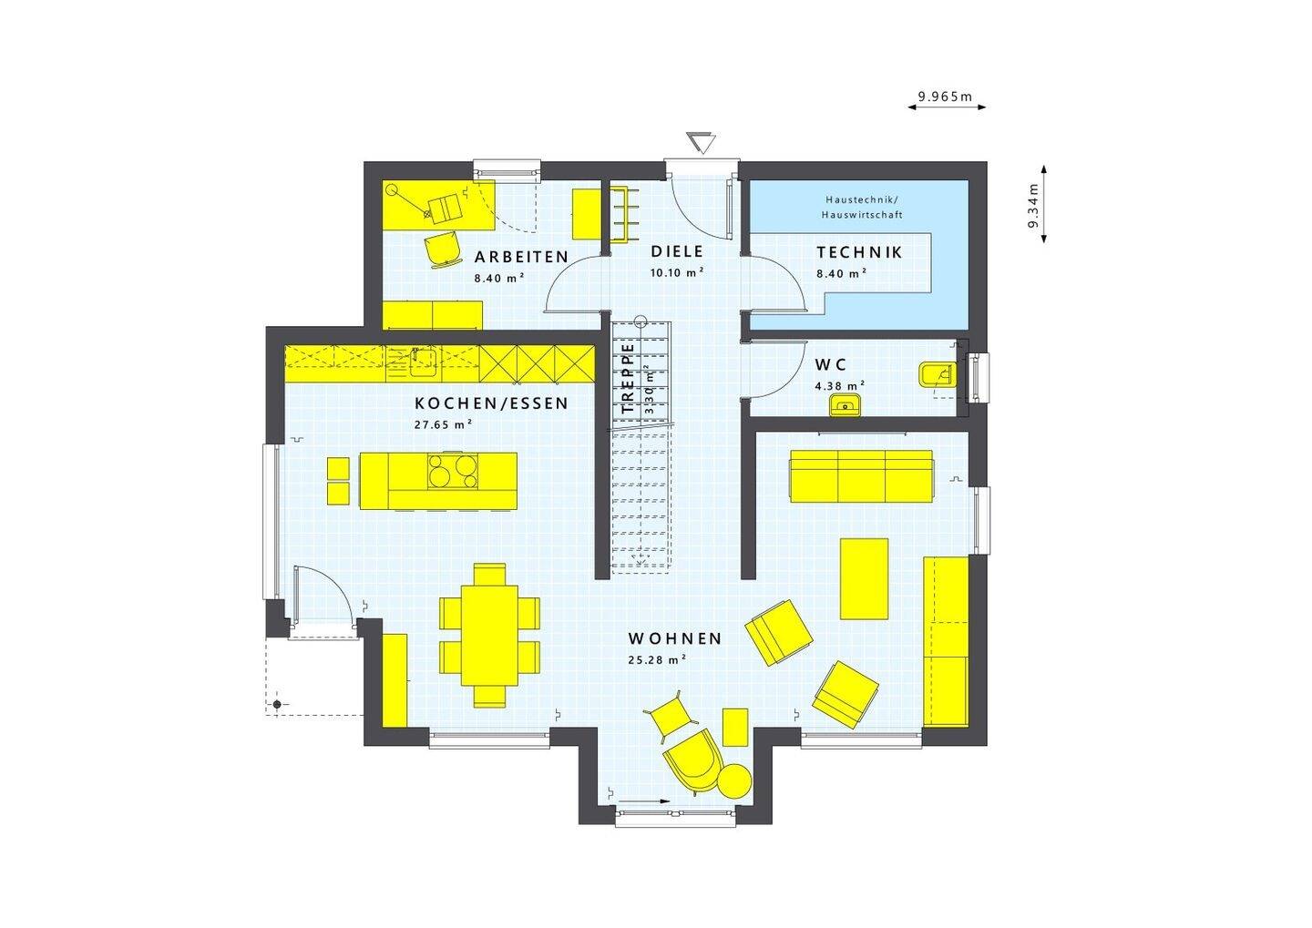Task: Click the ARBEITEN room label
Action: tap(520, 257)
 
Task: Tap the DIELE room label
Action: tap(676, 251)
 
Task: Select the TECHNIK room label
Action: tap(858, 252)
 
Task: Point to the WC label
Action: tap(830, 364)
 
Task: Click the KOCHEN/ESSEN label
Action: tap(491, 403)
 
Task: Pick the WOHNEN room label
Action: tap(674, 638)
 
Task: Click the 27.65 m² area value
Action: tap(443, 424)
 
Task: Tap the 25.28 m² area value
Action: tap(656, 660)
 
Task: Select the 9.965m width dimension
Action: tap(946, 96)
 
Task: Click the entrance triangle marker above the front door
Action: tap(701, 143)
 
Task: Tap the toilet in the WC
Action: tap(936, 374)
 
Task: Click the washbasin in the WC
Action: tap(845, 404)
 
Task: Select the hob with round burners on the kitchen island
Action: tap(453, 472)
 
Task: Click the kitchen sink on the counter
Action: tap(421, 361)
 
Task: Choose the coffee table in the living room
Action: tap(864, 578)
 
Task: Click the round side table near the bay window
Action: tap(734, 780)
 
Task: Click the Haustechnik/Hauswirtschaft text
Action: tap(861, 207)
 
